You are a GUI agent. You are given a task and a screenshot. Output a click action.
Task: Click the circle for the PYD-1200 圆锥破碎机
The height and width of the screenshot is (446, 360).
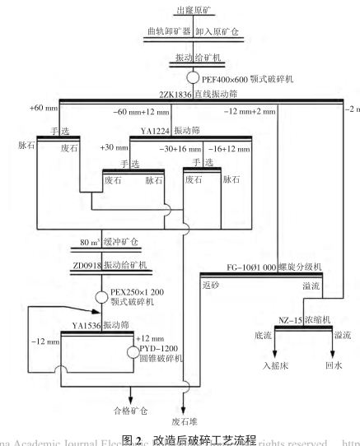coord(133,353)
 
